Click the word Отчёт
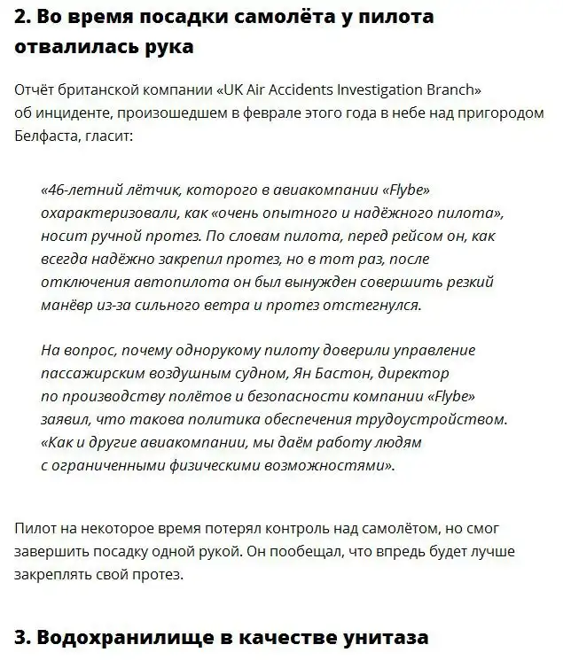pos(39,91)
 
